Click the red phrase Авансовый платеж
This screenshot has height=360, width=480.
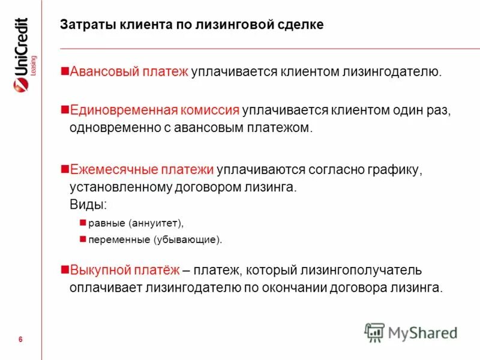(x=130, y=73)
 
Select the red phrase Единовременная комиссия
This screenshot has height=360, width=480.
(x=155, y=110)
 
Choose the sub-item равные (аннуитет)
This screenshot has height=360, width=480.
(x=135, y=223)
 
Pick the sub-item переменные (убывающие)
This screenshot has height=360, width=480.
(x=155, y=240)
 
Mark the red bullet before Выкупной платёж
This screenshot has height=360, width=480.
(x=65, y=269)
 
